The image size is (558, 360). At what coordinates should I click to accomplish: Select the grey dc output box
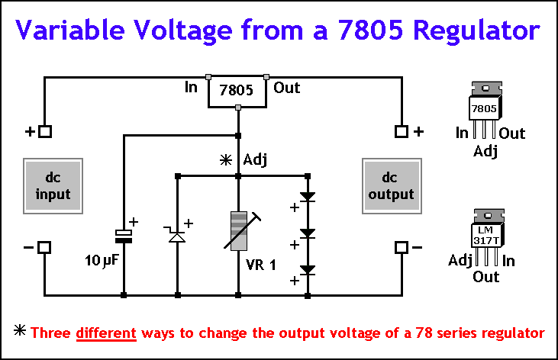[x=392, y=185]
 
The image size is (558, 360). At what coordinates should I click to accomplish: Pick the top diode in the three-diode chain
[x=307, y=196]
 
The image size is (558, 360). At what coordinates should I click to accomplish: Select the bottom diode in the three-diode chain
[x=307, y=269]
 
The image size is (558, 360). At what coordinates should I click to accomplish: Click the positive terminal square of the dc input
[x=45, y=131]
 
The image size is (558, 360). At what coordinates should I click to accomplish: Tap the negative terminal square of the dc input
[x=45, y=247]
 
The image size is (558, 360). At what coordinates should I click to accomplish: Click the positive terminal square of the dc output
[x=401, y=131]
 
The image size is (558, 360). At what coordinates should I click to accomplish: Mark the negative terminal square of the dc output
[x=401, y=247]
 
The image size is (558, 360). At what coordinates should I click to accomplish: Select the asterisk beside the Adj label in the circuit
[x=224, y=160]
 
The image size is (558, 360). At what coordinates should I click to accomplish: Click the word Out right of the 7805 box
[x=286, y=88]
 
